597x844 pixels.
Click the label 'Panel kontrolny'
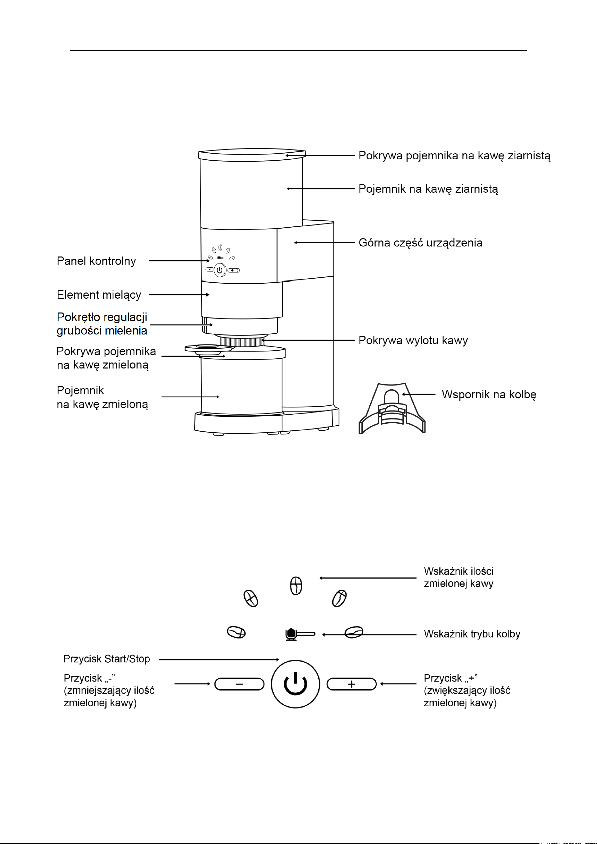point(96,261)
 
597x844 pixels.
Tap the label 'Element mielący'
point(99,295)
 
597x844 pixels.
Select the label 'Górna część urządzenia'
point(420,243)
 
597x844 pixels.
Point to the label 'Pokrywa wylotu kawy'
point(413,340)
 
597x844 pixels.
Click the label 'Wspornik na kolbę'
point(489,395)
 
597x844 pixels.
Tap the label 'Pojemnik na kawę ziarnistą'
point(428,189)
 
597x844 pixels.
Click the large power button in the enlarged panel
point(295,684)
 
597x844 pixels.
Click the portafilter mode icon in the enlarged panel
point(300,634)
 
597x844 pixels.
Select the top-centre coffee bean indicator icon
point(296,586)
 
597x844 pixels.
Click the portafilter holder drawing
point(392,408)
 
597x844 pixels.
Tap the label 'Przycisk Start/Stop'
point(107,659)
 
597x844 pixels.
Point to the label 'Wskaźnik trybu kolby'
point(472,634)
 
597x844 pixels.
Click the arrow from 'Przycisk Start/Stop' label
point(219,659)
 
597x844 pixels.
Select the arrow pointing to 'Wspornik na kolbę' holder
point(419,395)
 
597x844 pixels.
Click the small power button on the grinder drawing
point(220,270)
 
